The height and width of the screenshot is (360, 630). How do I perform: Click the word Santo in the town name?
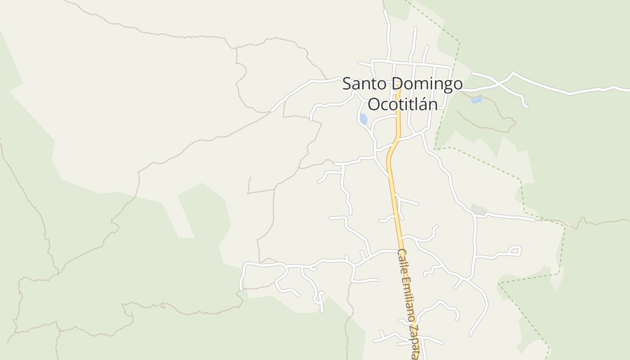click(x=364, y=84)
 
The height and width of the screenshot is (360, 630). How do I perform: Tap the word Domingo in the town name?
click(x=426, y=84)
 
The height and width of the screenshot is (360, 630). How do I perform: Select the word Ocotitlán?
click(x=403, y=103)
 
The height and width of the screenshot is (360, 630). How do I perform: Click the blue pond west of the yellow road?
click(x=364, y=119)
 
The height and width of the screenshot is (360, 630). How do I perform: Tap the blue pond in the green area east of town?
click(x=476, y=100)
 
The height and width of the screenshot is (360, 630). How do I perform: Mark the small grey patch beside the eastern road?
click(x=479, y=209)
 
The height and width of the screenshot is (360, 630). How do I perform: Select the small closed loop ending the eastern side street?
click(x=515, y=250)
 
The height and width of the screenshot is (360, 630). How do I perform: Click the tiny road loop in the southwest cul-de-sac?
click(x=319, y=297)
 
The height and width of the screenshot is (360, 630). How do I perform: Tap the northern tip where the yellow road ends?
click(x=398, y=90)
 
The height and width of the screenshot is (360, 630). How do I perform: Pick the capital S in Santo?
click(x=347, y=84)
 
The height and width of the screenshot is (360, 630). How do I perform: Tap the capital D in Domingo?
click(x=396, y=84)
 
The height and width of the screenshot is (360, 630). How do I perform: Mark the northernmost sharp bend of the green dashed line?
click(x=459, y=42)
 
